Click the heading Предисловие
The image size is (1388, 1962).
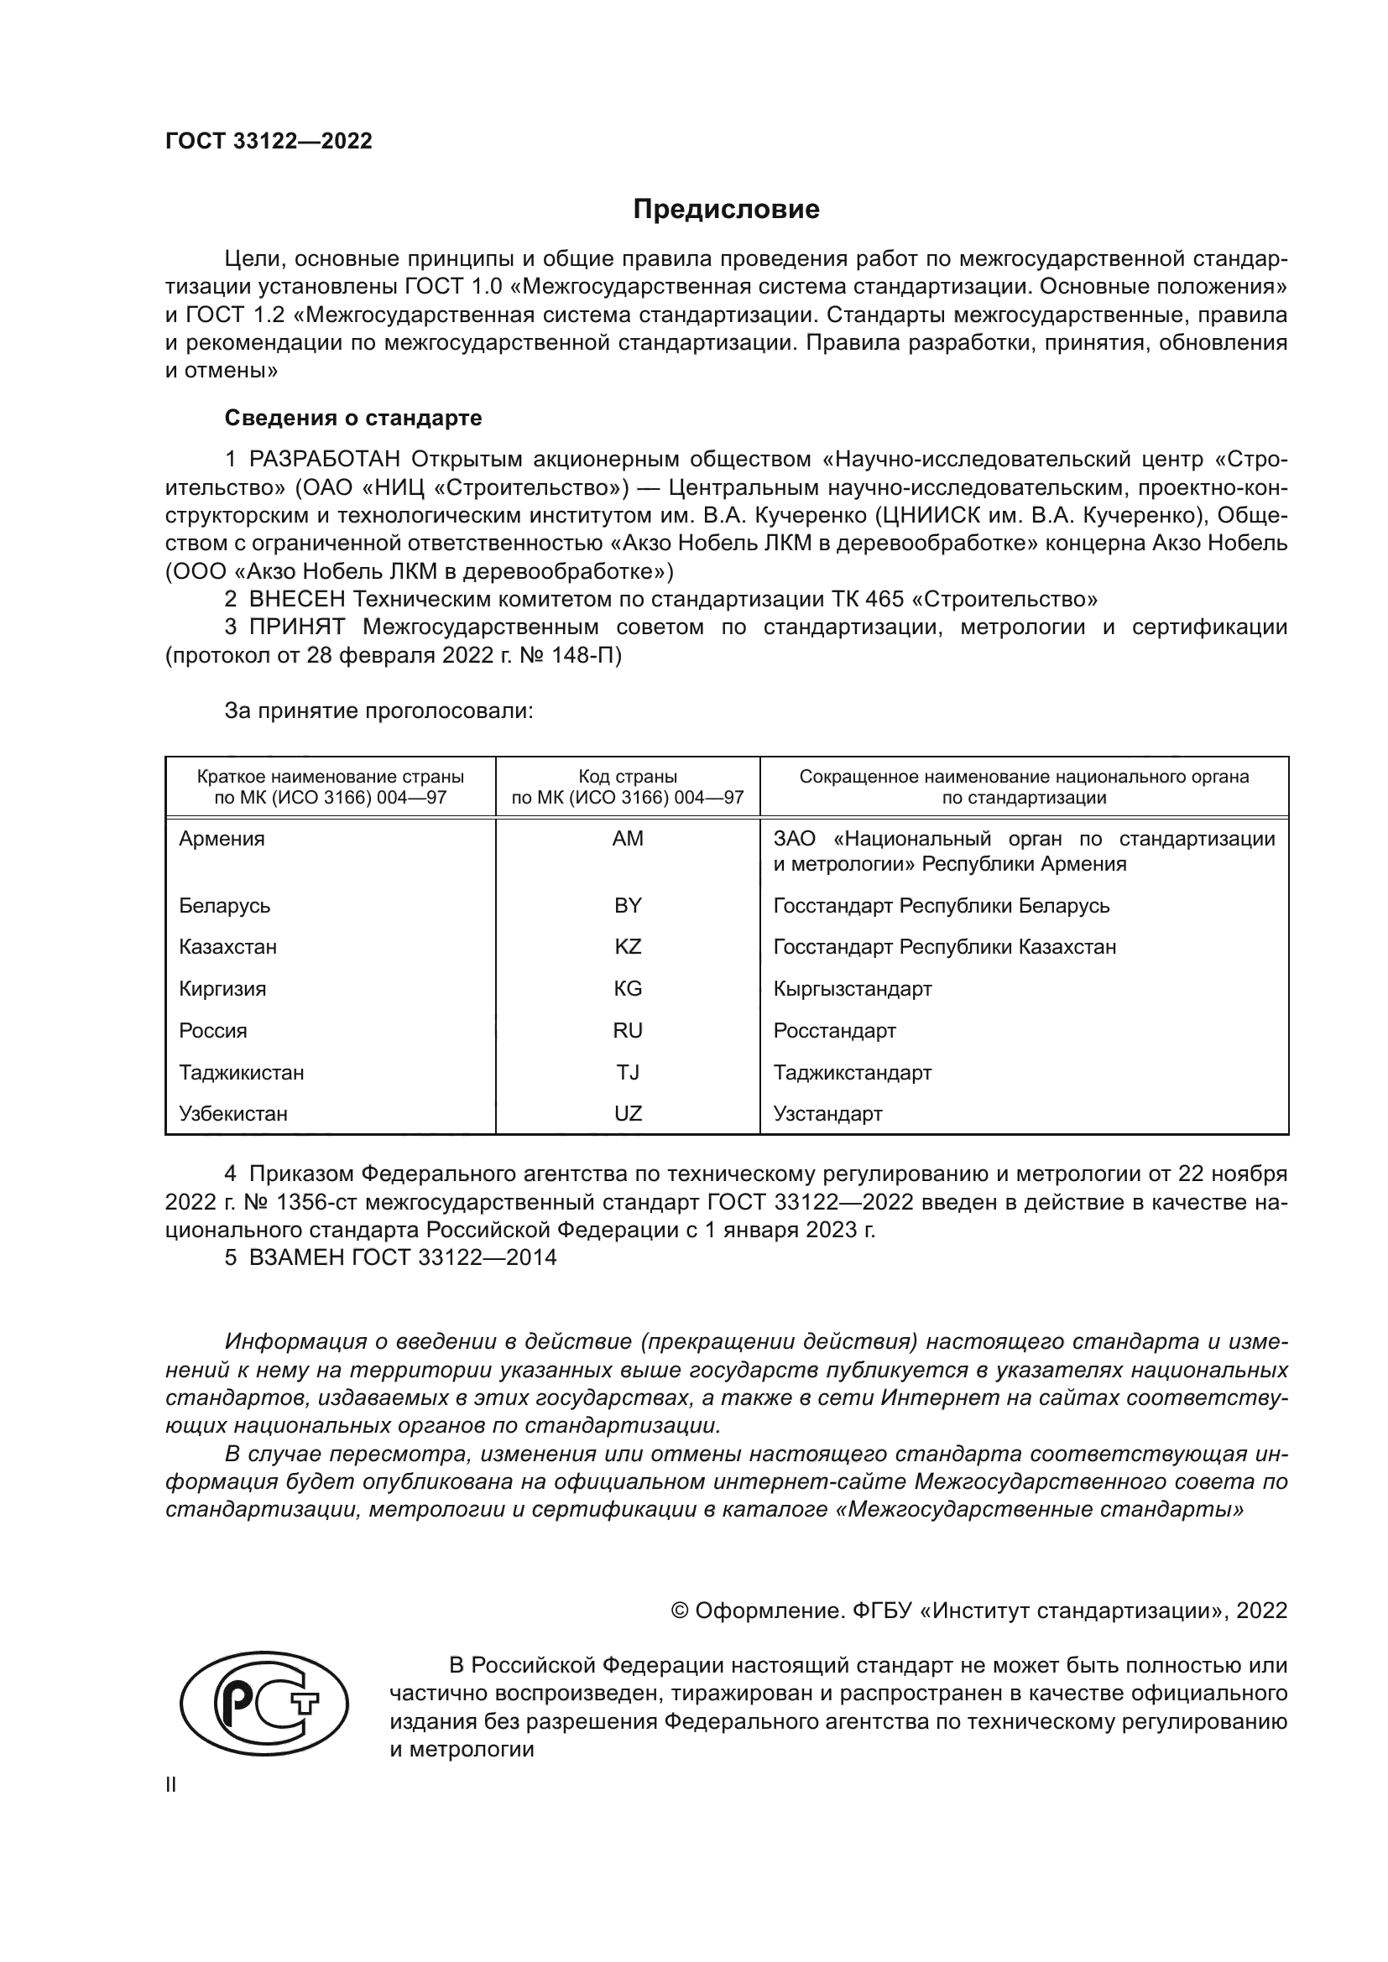(x=726, y=210)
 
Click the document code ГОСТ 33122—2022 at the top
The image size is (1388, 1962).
(x=269, y=142)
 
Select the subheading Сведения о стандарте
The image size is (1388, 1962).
(x=353, y=418)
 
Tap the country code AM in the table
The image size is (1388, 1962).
(x=628, y=838)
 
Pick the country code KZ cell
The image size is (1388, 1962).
(x=628, y=947)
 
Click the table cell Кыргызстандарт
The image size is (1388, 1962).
(x=852, y=989)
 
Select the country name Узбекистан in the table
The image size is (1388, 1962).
(x=232, y=1113)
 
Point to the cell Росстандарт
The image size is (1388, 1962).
(x=834, y=1031)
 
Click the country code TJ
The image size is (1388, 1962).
(x=628, y=1073)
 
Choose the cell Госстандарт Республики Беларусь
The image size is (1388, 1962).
(x=941, y=905)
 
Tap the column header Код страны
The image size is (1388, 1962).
(x=628, y=777)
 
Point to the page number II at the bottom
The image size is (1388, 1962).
(x=171, y=1785)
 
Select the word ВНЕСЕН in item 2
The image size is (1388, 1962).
(x=296, y=599)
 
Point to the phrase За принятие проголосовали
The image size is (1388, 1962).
(x=378, y=711)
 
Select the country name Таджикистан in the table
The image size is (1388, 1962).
(x=241, y=1073)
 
